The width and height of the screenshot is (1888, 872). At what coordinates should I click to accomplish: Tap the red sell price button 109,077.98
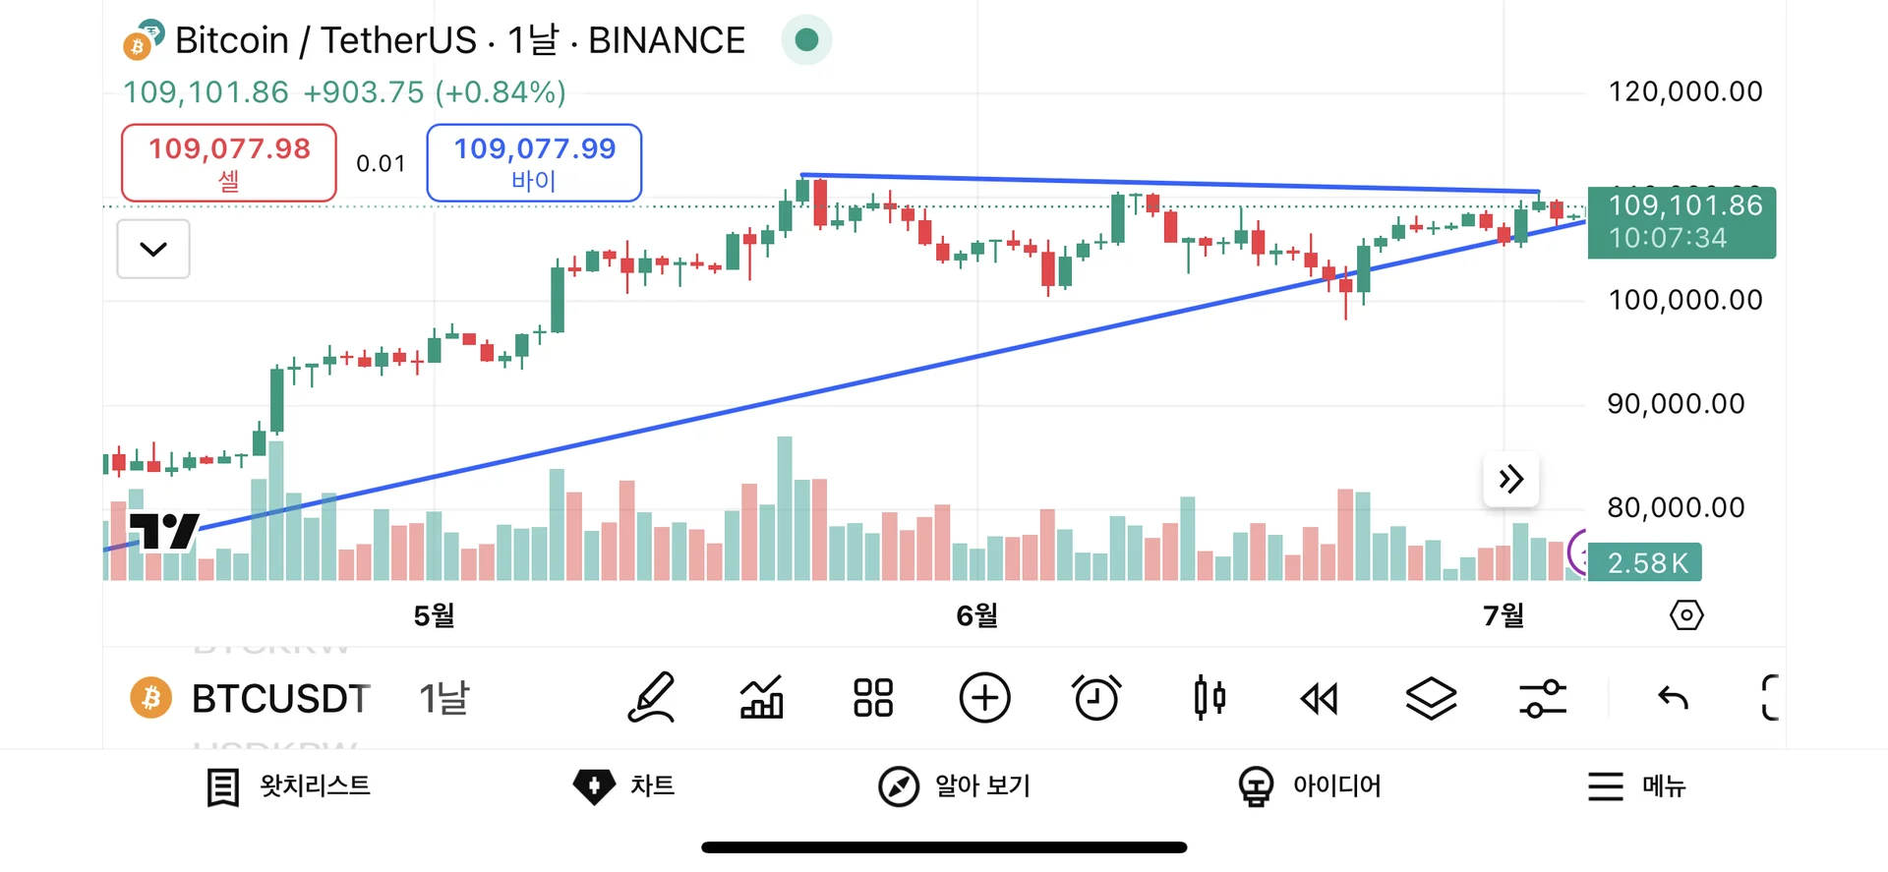click(x=228, y=162)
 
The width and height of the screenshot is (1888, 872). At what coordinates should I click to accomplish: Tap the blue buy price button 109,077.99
click(x=534, y=162)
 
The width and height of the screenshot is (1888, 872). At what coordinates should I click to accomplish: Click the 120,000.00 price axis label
click(x=1684, y=92)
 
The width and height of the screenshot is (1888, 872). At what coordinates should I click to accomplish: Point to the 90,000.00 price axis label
click(x=1676, y=404)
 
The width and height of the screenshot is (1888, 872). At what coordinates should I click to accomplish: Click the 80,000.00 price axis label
click(x=1676, y=508)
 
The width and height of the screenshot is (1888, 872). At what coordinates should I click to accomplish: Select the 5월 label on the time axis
click(x=434, y=616)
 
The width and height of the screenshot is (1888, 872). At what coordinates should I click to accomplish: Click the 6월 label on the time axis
click(x=976, y=616)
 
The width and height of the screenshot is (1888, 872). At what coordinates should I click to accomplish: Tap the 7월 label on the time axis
click(x=1504, y=616)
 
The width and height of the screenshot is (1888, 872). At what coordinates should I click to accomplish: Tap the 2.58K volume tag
click(x=1646, y=563)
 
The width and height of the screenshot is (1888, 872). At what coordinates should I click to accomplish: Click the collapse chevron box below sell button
click(x=153, y=249)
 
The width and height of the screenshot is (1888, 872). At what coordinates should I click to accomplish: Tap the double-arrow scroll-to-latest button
click(x=1510, y=480)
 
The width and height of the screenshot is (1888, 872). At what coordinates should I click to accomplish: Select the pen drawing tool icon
click(x=651, y=699)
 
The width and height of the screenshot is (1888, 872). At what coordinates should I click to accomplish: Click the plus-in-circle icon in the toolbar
click(x=984, y=699)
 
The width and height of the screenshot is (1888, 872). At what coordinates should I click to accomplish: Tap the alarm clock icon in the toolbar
click(x=1096, y=699)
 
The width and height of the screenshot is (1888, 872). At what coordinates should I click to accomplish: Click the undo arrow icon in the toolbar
click(x=1673, y=699)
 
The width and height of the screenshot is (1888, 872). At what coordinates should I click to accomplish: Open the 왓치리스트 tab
click(x=289, y=786)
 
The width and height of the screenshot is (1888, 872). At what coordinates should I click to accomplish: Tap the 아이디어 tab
click(x=1310, y=786)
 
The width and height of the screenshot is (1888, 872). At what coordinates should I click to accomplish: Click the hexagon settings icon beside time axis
click(x=1686, y=616)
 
